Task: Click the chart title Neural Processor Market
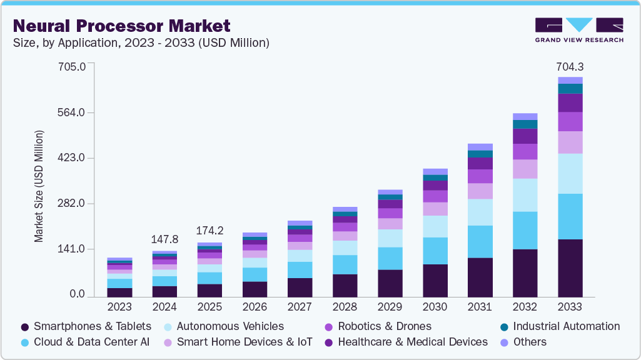coord(122,26)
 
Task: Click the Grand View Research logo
coord(578,29)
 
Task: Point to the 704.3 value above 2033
coord(570,67)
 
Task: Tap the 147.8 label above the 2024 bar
coord(164,239)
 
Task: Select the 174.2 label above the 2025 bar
coord(209,230)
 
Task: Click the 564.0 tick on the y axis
coord(73,112)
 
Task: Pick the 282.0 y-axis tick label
coord(73,204)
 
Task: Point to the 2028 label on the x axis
coord(345,307)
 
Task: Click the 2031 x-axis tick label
coord(480,307)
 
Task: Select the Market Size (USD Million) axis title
coord(39,186)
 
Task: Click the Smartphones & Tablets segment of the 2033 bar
coord(570,267)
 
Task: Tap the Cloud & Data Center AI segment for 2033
coord(570,216)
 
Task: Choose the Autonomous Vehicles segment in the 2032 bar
coord(525,195)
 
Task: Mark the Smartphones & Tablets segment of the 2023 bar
coord(119,292)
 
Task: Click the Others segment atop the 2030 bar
coord(435,171)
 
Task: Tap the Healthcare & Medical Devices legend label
coord(412,342)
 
